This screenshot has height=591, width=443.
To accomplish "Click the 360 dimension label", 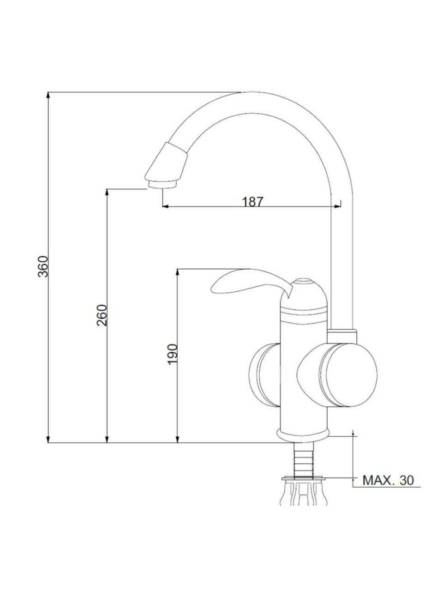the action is coord(43,266).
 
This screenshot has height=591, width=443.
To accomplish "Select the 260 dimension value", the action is coord(102,315).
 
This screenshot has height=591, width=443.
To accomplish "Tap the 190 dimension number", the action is coord(172,355).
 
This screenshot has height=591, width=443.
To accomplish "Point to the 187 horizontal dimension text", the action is coord(252,201).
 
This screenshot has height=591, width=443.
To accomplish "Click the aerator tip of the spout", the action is coord(162,184).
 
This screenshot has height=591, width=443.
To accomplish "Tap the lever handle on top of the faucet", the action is coord(251,283).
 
